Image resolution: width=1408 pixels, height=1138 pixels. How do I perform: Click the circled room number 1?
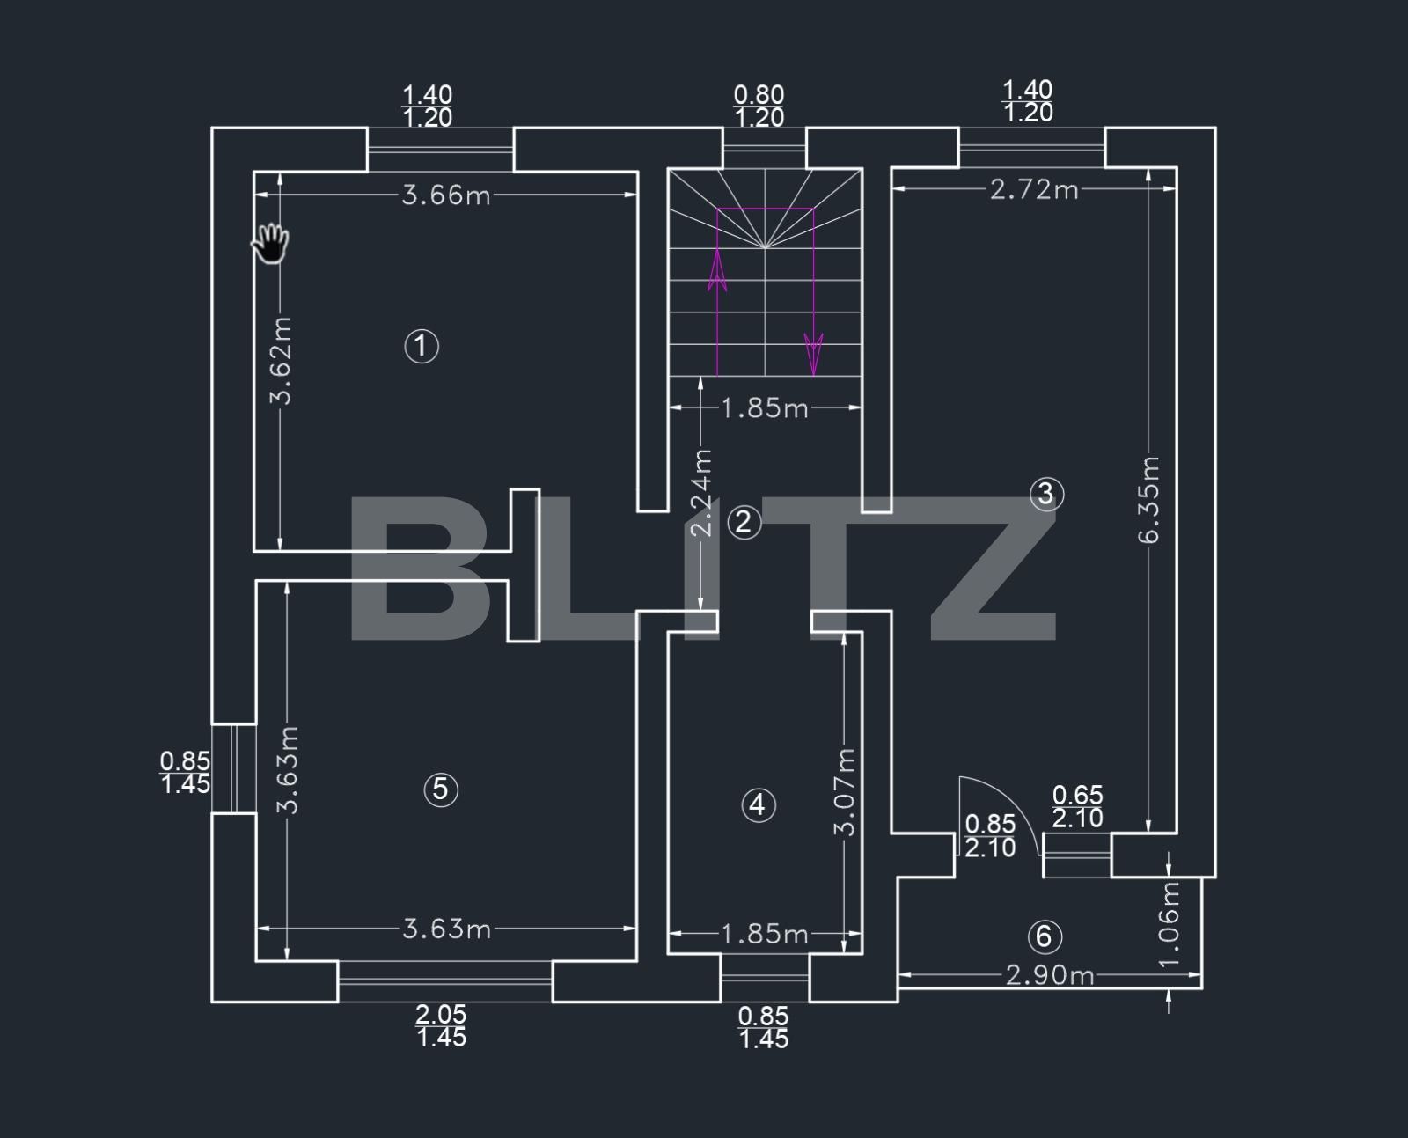422,346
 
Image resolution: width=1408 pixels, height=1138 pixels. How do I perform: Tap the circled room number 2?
744,522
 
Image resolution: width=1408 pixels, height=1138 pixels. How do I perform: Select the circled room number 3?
1046,494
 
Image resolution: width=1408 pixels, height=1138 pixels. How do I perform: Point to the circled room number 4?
759,804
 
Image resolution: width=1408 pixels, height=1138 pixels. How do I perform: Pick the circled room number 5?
441,789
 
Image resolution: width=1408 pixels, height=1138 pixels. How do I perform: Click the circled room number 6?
1045,936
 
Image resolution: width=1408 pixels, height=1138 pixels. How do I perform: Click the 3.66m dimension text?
446,195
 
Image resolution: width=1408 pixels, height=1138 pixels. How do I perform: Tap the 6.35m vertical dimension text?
1149,500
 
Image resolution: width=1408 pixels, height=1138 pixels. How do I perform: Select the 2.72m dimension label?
1034,189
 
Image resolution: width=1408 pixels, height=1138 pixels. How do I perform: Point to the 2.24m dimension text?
701,493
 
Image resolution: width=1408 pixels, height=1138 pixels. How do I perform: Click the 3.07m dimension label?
846,792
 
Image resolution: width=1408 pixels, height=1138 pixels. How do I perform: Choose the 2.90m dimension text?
1049,974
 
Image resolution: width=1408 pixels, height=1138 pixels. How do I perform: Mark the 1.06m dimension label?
1170,924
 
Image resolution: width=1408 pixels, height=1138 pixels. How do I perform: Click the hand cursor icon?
270,243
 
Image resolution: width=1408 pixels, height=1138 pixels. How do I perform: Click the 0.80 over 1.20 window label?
759,106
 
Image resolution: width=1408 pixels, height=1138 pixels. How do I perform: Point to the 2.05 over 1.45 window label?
441,1026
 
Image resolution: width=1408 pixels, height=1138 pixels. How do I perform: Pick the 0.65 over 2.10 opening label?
1077,807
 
